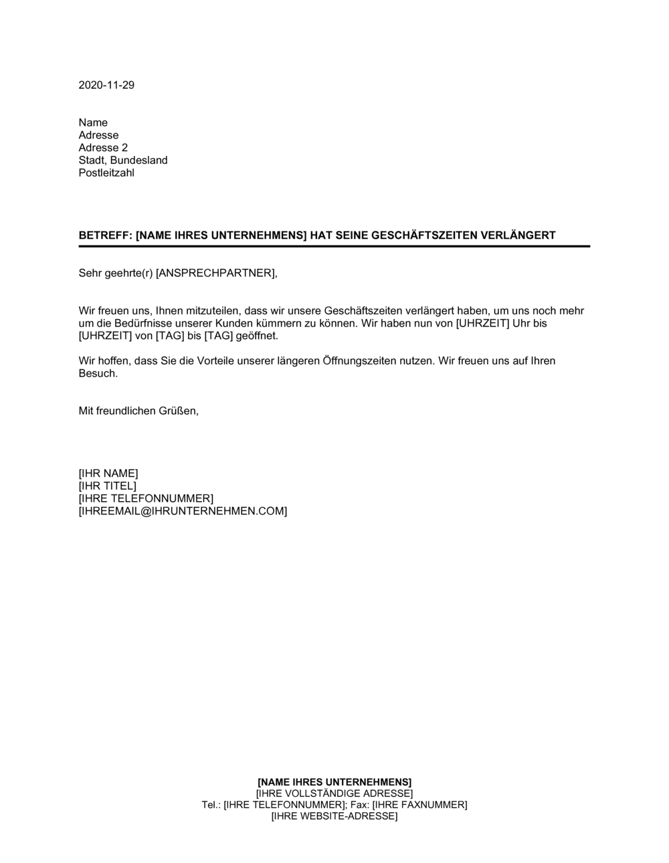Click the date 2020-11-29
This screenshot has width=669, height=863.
coord(106,85)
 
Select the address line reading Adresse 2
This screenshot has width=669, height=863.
coord(103,148)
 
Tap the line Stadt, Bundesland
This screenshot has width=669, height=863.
coord(123,161)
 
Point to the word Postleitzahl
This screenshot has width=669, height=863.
coord(106,173)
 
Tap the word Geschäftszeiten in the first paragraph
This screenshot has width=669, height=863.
coord(361,310)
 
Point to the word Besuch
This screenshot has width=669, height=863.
coord(98,373)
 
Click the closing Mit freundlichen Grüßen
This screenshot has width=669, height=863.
coord(138,411)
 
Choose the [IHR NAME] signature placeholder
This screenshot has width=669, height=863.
coord(108,474)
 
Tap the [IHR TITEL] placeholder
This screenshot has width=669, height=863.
coord(107,486)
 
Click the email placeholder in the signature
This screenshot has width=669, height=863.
coord(183,511)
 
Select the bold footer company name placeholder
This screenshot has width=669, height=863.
coord(334,781)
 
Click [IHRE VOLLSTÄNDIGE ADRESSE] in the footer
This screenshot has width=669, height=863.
coord(334,793)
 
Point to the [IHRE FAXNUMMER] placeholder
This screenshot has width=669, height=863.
coord(419,805)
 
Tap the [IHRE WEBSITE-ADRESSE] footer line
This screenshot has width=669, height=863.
coord(334,816)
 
